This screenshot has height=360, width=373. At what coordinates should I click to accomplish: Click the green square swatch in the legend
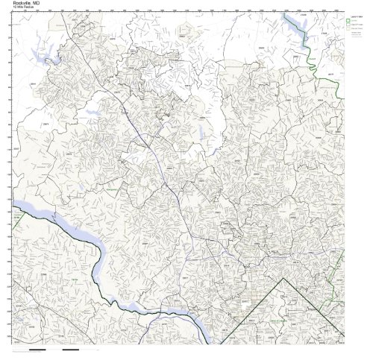click(x=347, y=19)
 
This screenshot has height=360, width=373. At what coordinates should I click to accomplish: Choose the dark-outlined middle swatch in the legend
click(x=347, y=25)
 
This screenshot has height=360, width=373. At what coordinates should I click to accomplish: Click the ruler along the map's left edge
click(x=10, y=179)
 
